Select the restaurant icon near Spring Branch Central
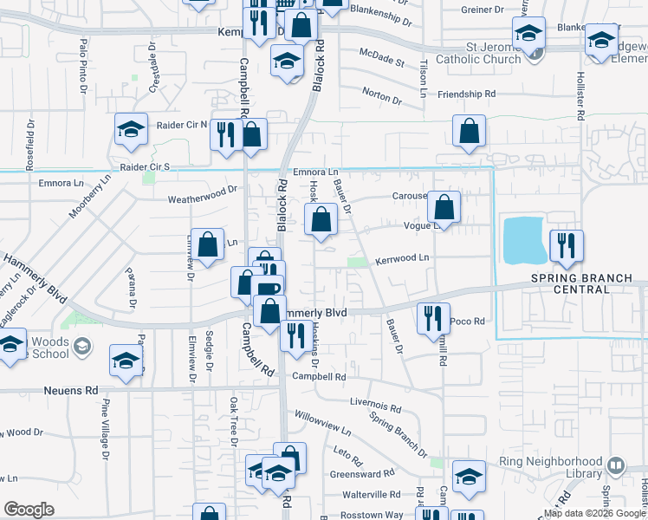point(566,245)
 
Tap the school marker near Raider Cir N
point(132,130)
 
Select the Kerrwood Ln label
point(402,258)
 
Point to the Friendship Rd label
point(466,94)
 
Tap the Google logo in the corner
point(29,510)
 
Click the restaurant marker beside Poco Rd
point(433,318)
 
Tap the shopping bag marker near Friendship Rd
point(469,132)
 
